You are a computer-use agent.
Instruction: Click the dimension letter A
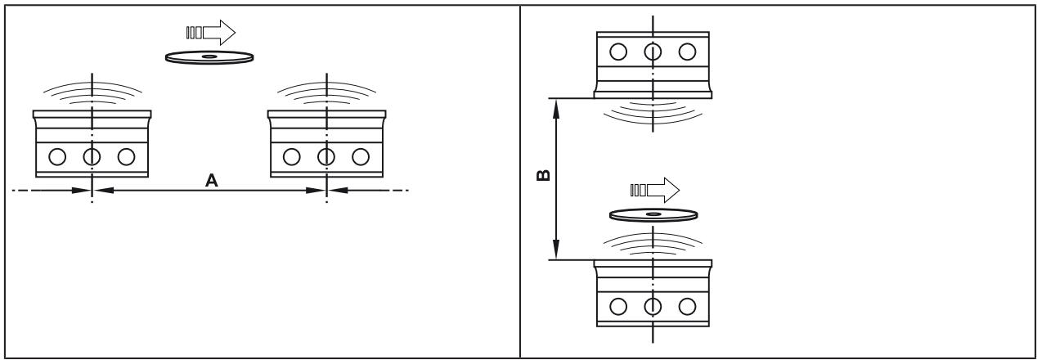[x=212, y=180]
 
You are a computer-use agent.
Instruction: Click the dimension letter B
[x=543, y=175]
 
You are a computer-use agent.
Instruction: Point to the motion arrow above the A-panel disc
[x=211, y=33]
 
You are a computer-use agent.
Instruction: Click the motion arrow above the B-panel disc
[x=654, y=190]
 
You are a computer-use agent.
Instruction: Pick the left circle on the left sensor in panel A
[x=57, y=157]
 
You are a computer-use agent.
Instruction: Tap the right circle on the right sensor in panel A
[x=361, y=157]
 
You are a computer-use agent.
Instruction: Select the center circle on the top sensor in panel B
[x=653, y=52]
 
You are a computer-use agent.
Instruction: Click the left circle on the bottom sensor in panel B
[x=618, y=306]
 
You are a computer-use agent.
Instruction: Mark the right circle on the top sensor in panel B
[x=688, y=52]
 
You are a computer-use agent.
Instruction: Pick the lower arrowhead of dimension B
[x=556, y=250]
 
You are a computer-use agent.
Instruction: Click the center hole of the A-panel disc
[x=209, y=56]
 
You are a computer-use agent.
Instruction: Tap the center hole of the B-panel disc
[x=653, y=214]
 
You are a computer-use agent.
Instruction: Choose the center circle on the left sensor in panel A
[x=92, y=157]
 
